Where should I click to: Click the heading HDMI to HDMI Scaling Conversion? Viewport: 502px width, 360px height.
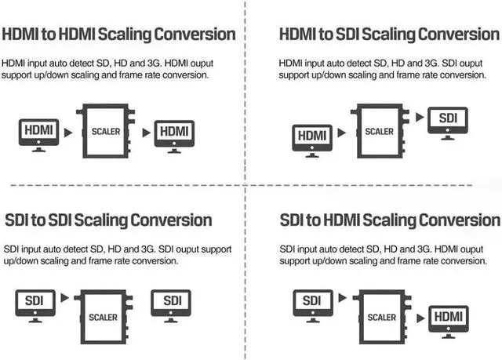(x=119, y=34)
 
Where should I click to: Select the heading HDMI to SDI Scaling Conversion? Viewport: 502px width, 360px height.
(x=389, y=35)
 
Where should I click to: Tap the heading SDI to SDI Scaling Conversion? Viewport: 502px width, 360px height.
(x=108, y=220)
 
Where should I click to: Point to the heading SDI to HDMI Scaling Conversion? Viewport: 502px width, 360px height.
(x=389, y=220)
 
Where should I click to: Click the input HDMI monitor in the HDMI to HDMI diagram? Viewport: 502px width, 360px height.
(x=38, y=132)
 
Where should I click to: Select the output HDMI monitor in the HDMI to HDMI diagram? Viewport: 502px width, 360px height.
(x=173, y=132)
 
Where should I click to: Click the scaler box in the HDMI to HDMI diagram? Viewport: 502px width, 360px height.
(x=106, y=132)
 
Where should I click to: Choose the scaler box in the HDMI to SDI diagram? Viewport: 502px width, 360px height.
(x=380, y=132)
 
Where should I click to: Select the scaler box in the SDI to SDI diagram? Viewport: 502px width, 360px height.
(x=104, y=317)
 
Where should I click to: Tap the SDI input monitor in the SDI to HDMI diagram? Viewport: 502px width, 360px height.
(x=311, y=302)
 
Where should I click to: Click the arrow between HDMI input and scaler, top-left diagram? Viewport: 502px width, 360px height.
(x=68, y=132)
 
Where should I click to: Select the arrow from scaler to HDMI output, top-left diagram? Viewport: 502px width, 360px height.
(x=146, y=132)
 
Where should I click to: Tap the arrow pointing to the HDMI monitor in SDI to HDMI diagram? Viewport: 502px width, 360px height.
(x=420, y=318)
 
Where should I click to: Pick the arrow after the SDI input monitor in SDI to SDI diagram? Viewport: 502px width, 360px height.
(x=65, y=299)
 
